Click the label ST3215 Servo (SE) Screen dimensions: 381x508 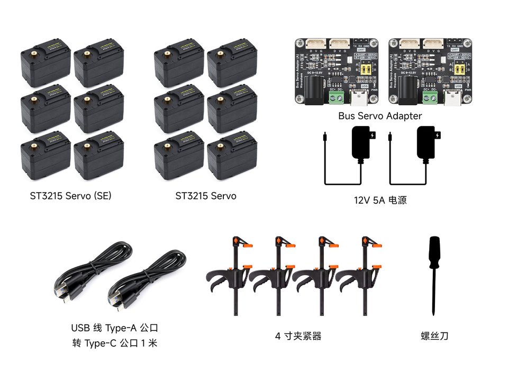[x=70, y=196]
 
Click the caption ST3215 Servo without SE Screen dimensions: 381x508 [x=206, y=196]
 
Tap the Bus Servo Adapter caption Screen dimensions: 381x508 [x=380, y=115]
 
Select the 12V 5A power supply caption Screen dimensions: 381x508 [x=380, y=201]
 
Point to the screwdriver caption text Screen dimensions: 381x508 [x=434, y=335]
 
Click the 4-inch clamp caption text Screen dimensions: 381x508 [x=298, y=336]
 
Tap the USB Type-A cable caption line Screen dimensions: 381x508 [x=115, y=328]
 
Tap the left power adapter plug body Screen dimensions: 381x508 [x=364, y=143]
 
